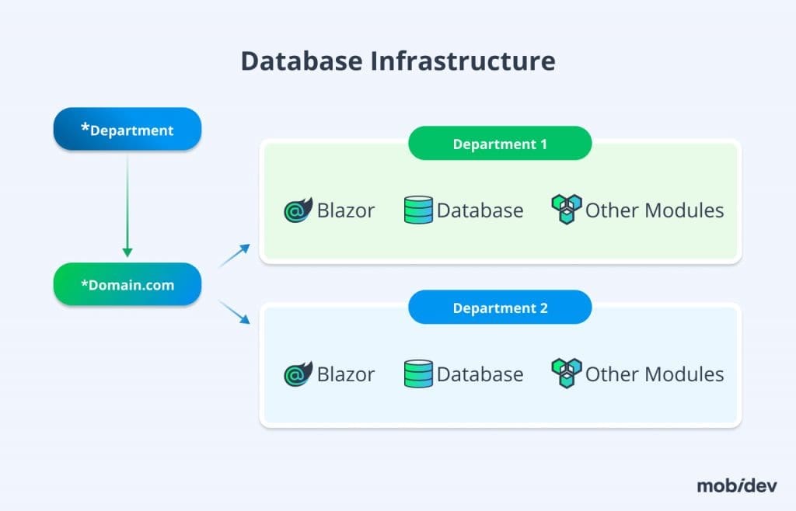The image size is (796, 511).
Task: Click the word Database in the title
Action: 300,61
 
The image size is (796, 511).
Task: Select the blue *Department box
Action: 127,129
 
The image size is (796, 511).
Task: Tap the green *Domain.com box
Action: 127,284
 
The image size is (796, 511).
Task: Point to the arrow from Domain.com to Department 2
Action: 234,312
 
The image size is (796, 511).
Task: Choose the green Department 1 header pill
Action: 500,144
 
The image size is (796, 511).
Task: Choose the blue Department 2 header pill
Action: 500,308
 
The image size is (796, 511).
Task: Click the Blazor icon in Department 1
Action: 298,210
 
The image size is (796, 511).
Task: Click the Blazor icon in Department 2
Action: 298,374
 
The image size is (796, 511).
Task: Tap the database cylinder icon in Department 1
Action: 418,210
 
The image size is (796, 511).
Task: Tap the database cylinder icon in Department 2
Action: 418,374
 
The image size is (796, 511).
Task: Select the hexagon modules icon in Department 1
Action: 566,210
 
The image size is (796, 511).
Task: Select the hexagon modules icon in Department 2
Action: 566,374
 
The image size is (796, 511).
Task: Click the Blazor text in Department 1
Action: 346,210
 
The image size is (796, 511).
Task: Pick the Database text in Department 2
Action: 480,374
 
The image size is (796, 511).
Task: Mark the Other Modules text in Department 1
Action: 655,210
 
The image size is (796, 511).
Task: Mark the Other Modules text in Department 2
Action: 655,374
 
